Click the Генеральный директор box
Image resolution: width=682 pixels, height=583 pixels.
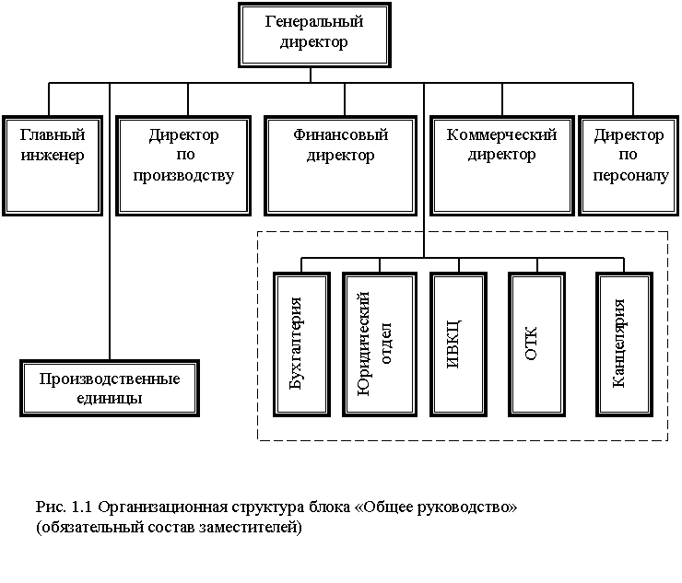click(x=313, y=35)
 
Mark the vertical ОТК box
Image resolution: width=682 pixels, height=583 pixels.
click(x=533, y=343)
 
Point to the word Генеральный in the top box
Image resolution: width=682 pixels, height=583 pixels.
click(x=313, y=21)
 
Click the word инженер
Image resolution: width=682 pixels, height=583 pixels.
click(x=52, y=155)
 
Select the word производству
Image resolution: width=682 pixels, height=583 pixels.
click(x=183, y=175)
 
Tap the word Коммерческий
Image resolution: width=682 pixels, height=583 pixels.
click(x=501, y=135)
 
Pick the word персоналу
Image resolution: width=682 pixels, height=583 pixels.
click(x=628, y=175)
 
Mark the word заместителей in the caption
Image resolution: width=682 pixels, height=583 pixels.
click(x=254, y=529)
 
